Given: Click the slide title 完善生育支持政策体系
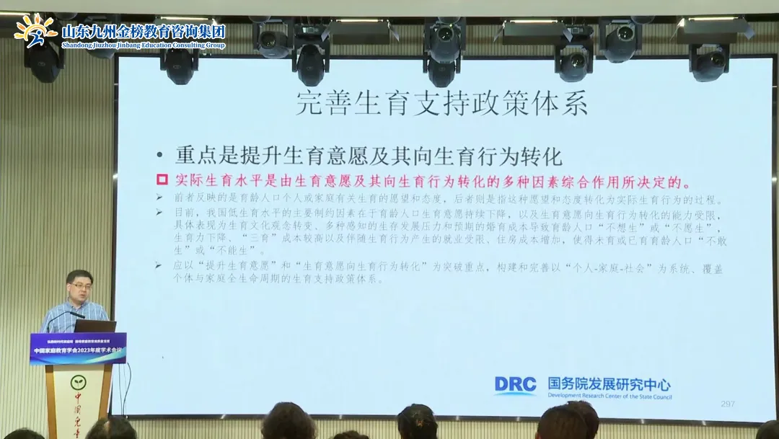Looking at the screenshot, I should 441,105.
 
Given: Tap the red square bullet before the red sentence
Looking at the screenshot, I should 162,179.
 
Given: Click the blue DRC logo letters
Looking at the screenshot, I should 515,385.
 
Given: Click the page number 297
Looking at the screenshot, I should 728,404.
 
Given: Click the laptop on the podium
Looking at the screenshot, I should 94,326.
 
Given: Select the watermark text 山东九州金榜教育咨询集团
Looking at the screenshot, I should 144,32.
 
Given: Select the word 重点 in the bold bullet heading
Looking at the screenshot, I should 190,156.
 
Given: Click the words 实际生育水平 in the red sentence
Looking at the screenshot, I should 209,180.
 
